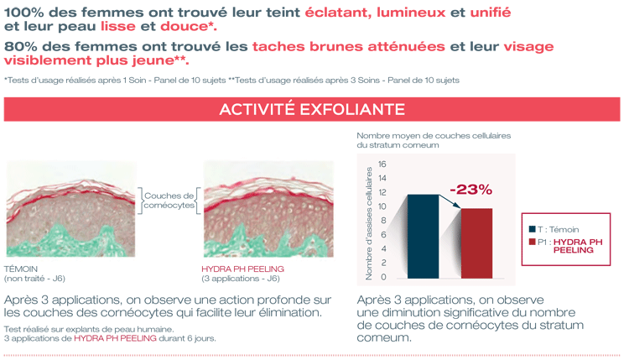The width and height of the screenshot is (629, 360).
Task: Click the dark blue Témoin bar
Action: [423, 237]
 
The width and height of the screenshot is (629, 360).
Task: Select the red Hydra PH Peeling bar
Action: [476, 243]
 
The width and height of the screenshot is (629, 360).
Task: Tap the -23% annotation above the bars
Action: [471, 190]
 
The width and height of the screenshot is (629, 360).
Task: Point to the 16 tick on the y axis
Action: [382, 164]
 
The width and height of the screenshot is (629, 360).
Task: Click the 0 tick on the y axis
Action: [383, 277]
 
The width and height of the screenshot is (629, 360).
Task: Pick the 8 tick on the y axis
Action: [383, 221]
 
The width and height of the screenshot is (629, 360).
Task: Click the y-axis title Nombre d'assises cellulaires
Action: [369, 223]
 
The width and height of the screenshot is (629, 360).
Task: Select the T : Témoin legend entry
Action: [554, 230]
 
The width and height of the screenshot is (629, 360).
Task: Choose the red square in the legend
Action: [533, 242]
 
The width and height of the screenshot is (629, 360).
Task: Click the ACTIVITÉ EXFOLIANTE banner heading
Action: [312, 110]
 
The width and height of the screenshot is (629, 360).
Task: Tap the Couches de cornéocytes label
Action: [169, 201]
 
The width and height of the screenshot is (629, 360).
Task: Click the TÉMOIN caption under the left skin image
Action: [21, 269]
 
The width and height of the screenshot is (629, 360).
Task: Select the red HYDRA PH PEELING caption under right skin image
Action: [242, 269]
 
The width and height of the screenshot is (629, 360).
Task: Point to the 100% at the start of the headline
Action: [23, 13]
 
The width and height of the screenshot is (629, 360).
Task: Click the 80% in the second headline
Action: [20, 46]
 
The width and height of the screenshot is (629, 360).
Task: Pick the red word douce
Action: [184, 27]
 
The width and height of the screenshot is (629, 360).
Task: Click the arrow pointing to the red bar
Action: [450, 201]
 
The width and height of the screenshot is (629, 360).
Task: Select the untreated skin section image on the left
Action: [71, 209]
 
